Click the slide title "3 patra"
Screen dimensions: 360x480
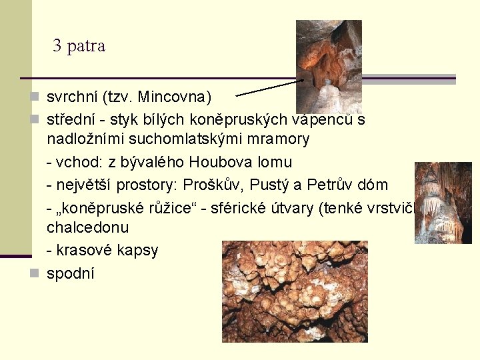click(79, 46)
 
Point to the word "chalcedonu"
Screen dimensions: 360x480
click(87, 228)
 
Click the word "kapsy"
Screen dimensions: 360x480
click(137, 251)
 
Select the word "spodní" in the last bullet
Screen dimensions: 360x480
click(70, 273)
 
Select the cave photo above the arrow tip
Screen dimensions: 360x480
click(329, 65)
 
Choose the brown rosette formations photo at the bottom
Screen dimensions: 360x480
click(295, 291)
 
